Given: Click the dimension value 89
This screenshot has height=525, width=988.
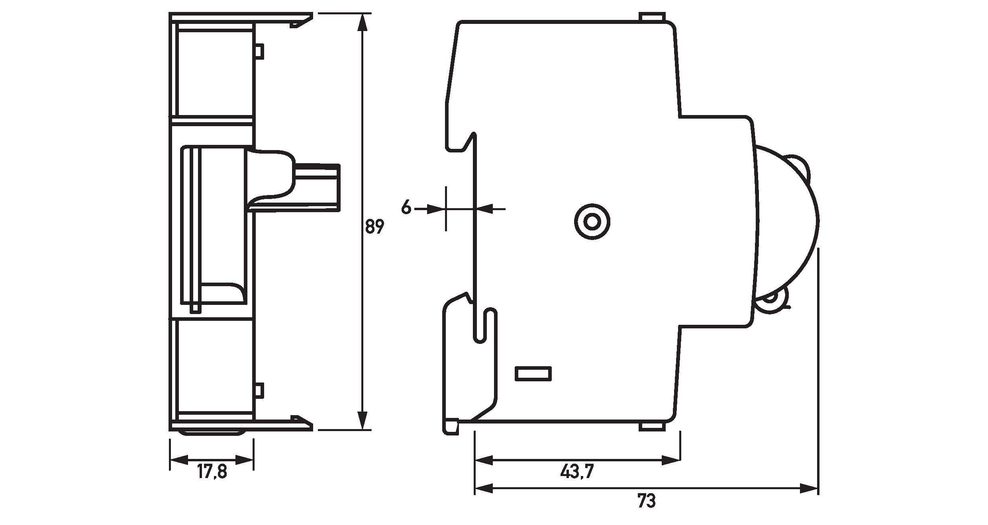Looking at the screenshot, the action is point(374,226).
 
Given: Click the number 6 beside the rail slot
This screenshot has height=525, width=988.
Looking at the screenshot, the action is point(406,207).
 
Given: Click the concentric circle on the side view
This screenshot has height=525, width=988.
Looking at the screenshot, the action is point(592,222).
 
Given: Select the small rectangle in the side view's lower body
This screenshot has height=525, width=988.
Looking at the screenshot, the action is point(533,374).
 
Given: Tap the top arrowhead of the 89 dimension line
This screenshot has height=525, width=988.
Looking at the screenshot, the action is point(362,22).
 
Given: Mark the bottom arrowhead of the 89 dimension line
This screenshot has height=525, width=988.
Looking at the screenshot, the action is point(362,420).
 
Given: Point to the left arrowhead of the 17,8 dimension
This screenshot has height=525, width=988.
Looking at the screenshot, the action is point(179,461).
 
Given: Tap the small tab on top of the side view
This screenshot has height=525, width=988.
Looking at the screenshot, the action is point(652,17).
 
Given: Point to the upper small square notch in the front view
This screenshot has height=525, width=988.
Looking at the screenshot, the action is point(259,51).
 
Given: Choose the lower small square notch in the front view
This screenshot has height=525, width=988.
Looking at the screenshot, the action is point(259,390).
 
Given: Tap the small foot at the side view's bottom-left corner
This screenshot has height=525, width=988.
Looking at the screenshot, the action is point(451,426).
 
